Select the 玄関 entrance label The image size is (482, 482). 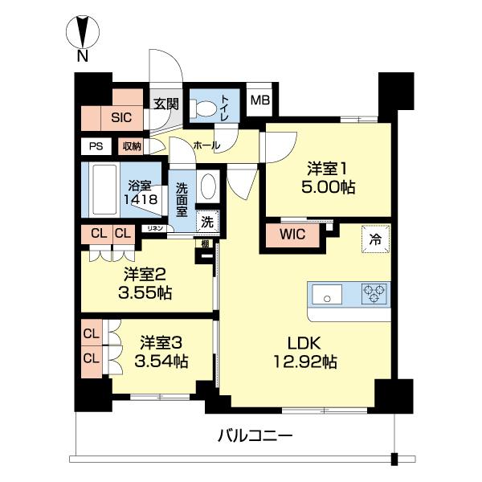tap(165, 103)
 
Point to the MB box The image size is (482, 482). tap(258, 100)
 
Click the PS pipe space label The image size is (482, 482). tap(96, 146)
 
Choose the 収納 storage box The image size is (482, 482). tap(132, 146)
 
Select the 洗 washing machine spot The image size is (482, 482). tap(206, 221)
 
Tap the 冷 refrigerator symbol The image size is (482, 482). tap(374, 238)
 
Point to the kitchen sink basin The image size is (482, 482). tap(327, 294)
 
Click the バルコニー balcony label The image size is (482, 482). tap(255, 436)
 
